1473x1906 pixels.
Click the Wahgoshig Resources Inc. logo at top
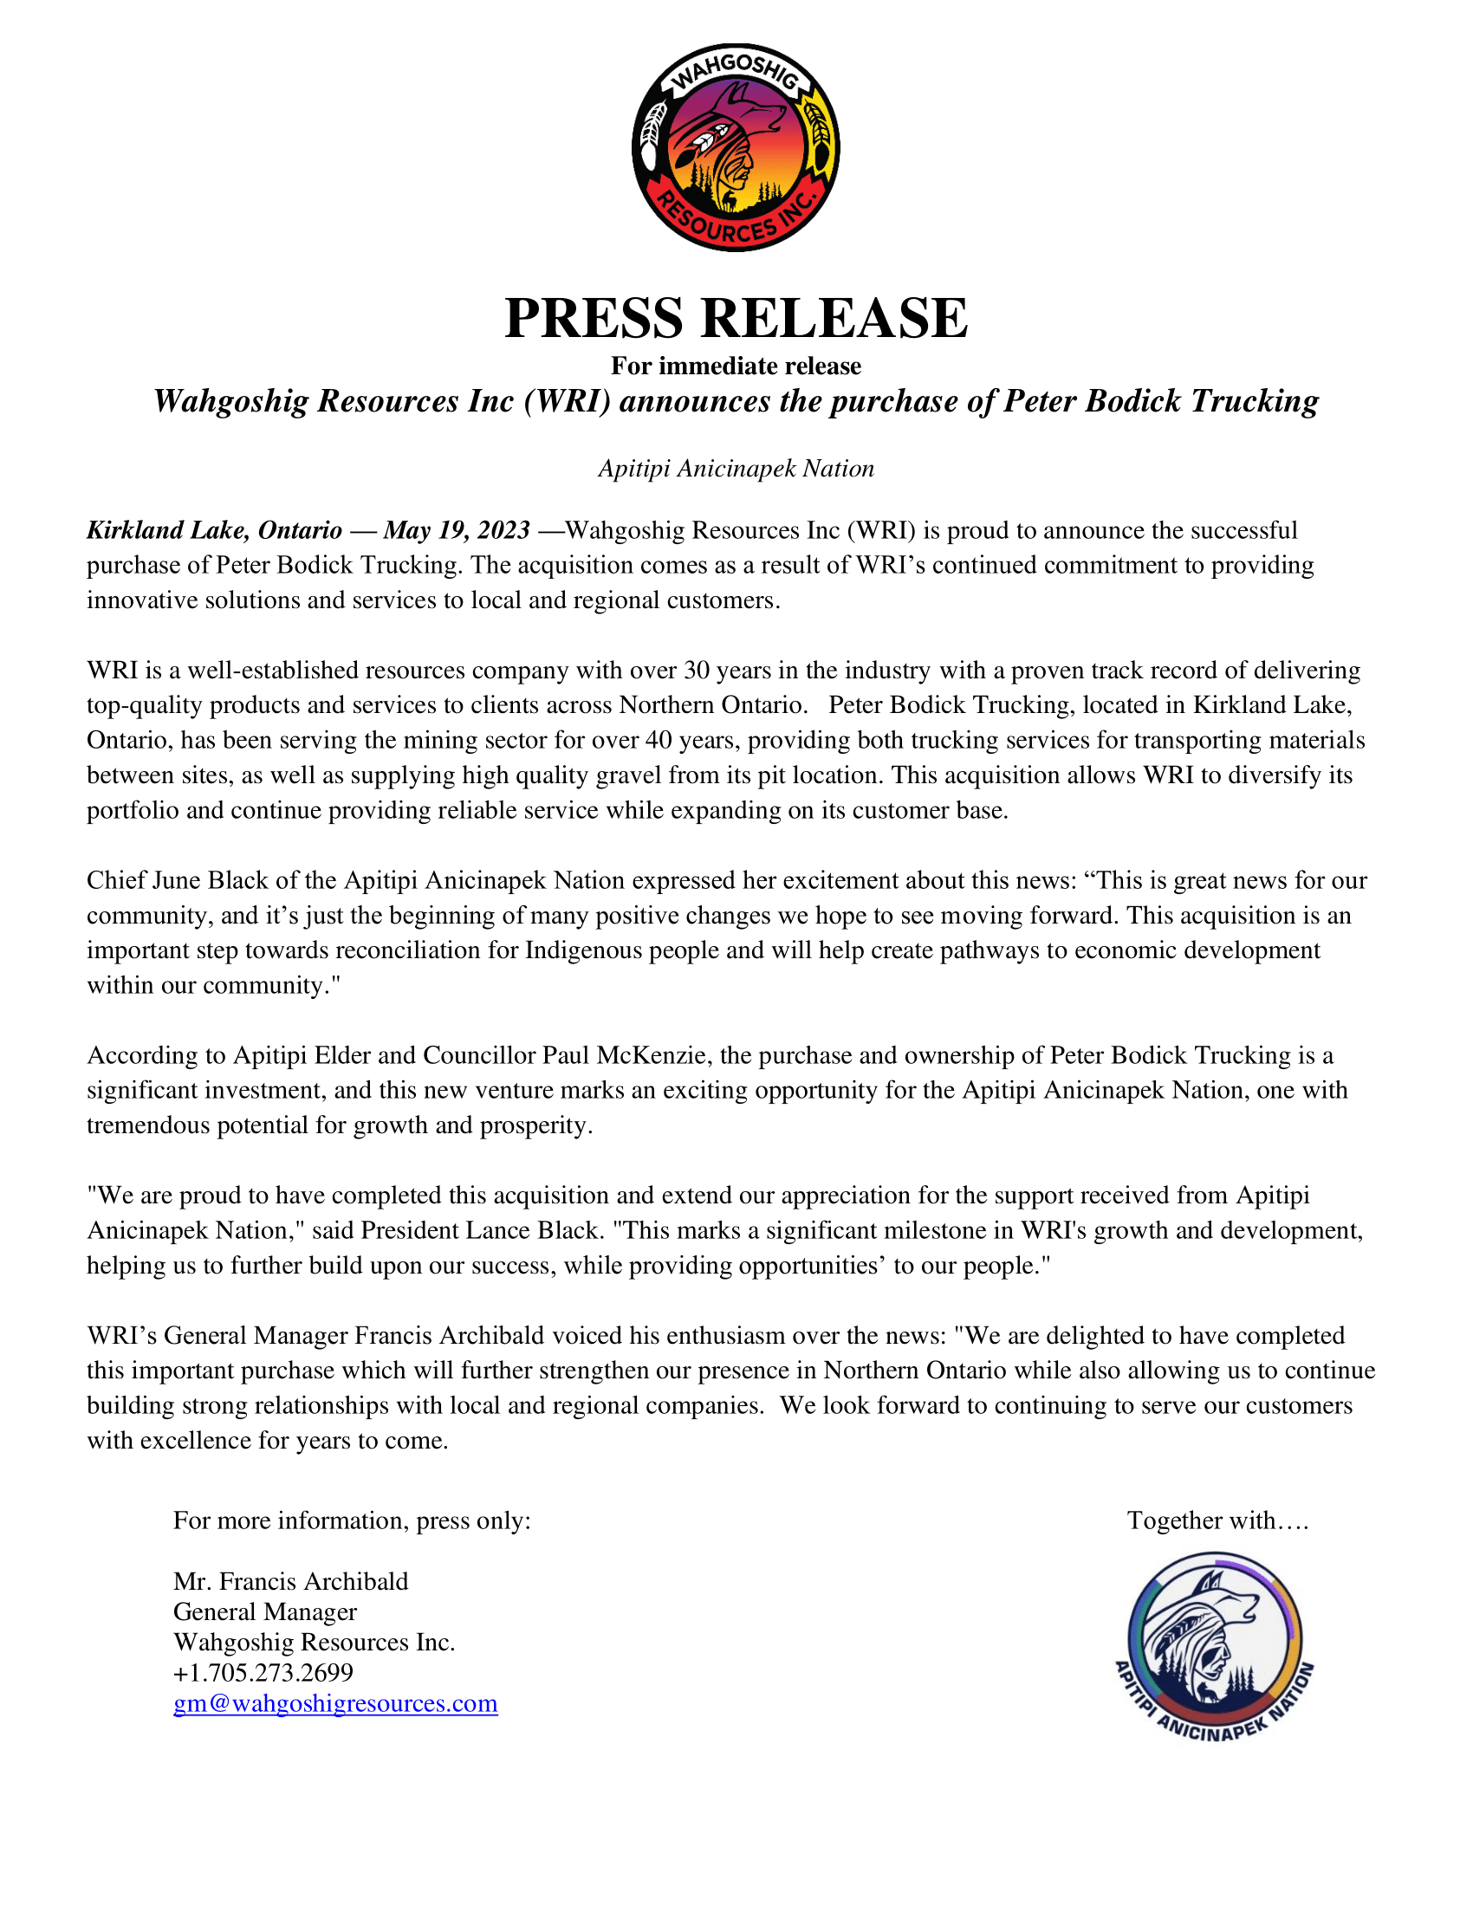pos(736,147)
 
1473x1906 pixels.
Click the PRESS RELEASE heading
pos(736,318)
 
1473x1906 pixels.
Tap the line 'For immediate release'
pos(736,366)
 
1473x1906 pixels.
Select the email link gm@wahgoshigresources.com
pos(335,1702)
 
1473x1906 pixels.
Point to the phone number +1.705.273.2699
pos(263,1672)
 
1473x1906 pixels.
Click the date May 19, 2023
pos(457,529)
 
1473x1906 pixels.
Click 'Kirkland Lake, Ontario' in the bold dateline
pos(214,529)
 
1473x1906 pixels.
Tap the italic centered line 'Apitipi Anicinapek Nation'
pos(736,469)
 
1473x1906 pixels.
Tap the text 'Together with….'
pos(1217,1520)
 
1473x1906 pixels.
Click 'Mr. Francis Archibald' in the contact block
pos(290,1581)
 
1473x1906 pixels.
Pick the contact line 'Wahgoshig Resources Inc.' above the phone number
pos(315,1642)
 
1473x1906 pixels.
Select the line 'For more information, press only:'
pos(352,1520)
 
